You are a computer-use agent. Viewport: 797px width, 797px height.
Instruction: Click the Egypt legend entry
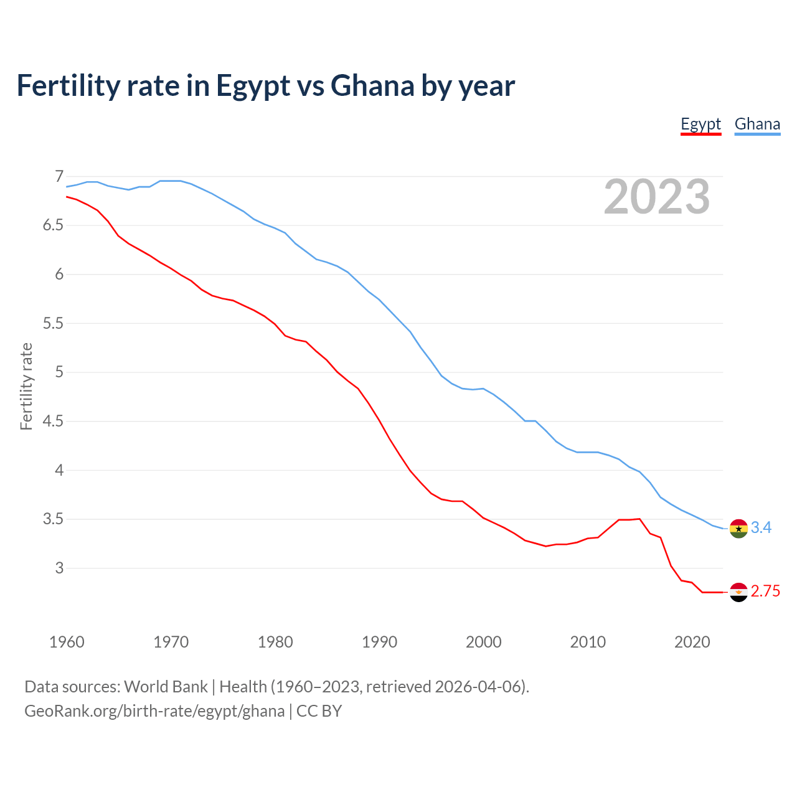coord(700,125)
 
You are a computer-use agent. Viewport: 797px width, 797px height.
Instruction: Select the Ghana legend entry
coord(757,125)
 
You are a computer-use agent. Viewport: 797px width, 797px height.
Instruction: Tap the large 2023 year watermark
coord(657,197)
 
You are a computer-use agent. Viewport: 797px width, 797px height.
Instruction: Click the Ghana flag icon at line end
coord(738,528)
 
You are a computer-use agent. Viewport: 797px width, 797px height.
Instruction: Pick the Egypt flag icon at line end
coord(738,592)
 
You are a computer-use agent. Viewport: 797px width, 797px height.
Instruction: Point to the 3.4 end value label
coord(761,528)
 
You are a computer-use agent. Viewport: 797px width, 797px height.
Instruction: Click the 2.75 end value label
coord(765,592)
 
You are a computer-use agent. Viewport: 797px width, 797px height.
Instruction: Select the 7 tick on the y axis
coord(59,176)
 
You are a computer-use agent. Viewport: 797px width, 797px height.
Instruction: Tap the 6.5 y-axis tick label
coord(54,225)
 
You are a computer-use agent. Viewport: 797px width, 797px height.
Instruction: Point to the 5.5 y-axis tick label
coord(54,323)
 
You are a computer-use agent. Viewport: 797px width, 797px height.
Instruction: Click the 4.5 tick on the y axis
coord(54,422)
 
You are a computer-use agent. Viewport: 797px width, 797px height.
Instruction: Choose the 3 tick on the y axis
coord(59,568)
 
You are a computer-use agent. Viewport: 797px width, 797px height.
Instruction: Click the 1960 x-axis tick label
coord(67,642)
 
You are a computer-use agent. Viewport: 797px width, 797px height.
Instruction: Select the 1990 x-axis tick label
coord(379,642)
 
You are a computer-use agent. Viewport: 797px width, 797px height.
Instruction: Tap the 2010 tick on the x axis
coord(588,642)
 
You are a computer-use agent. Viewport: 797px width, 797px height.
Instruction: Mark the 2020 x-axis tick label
coord(692,642)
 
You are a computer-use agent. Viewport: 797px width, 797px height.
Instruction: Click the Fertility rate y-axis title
coord(26,386)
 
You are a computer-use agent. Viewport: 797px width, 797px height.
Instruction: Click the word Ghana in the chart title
coord(372,86)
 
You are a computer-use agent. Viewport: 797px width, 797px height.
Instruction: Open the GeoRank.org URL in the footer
coord(154,711)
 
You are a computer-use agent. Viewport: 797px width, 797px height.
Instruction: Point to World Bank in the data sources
coord(166,687)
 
